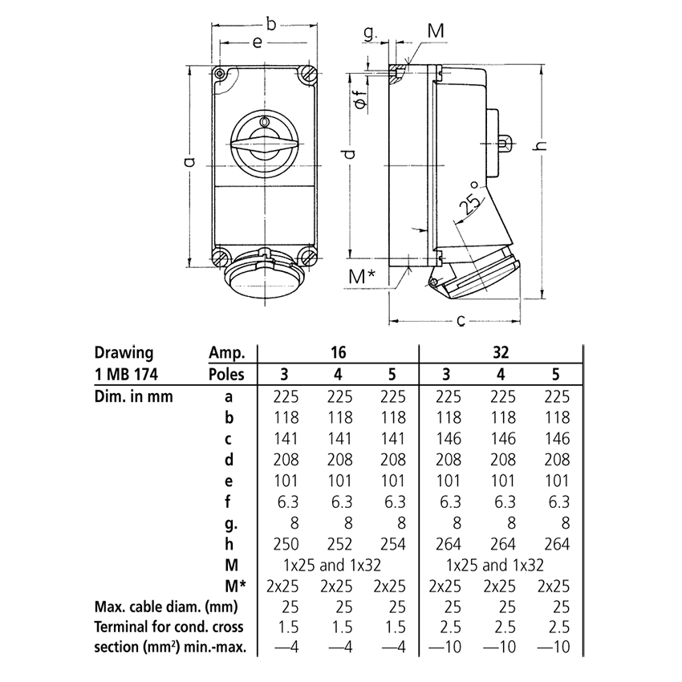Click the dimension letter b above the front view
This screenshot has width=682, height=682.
(271, 25)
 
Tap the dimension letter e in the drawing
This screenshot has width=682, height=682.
(256, 44)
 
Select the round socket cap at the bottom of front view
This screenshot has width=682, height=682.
(264, 276)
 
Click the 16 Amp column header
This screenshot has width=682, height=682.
(337, 351)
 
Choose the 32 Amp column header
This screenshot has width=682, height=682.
(501, 351)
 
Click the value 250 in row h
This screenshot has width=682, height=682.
(287, 544)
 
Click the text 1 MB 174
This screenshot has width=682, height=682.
(126, 374)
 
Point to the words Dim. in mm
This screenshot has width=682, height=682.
(133, 396)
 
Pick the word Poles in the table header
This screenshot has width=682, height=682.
(227, 374)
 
